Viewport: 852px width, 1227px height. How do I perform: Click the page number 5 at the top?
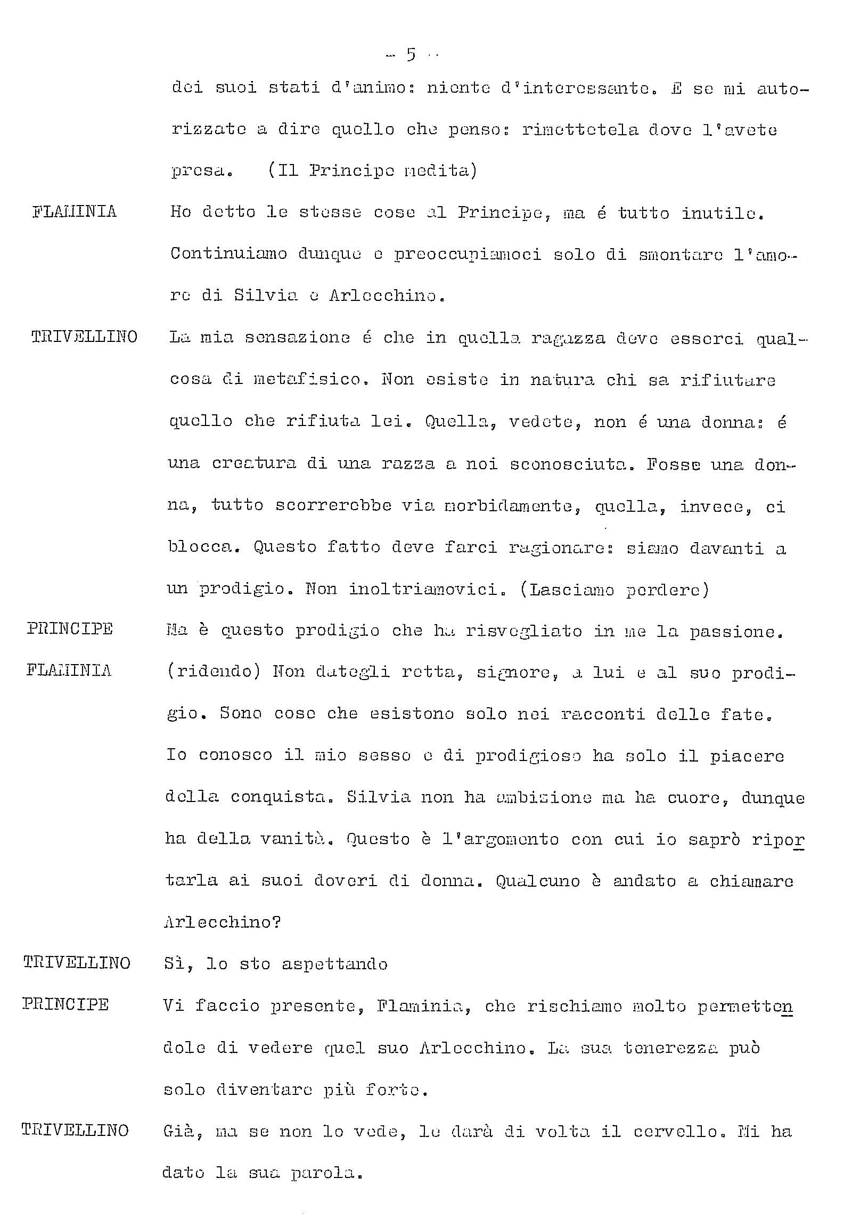point(411,55)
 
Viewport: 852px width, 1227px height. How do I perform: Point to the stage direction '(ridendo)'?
point(213,670)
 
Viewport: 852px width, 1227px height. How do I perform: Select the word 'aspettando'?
point(334,964)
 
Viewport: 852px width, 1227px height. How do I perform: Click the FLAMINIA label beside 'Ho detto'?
point(74,212)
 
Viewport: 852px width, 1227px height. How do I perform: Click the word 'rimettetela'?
point(580,130)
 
